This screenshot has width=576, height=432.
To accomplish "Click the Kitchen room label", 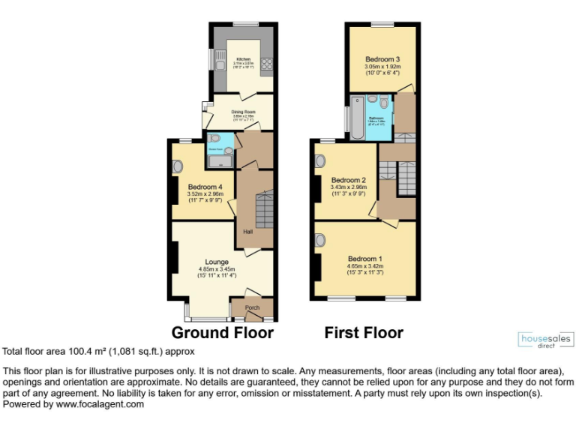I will (x=243, y=59).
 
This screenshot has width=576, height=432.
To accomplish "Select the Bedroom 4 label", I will (x=205, y=187).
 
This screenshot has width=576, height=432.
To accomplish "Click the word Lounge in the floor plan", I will (x=217, y=262).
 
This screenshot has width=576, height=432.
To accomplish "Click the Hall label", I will (x=247, y=232).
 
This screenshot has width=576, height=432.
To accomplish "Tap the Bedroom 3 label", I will (x=382, y=59).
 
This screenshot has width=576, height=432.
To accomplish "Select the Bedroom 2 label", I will (x=348, y=180).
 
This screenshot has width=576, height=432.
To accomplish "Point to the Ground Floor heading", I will (x=223, y=332).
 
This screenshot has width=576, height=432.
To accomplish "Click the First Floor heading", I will (x=364, y=332).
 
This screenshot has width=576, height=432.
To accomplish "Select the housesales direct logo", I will (x=545, y=341).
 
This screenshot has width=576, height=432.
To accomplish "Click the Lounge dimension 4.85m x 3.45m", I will (x=217, y=269).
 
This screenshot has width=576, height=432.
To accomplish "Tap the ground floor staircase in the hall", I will (x=264, y=211).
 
